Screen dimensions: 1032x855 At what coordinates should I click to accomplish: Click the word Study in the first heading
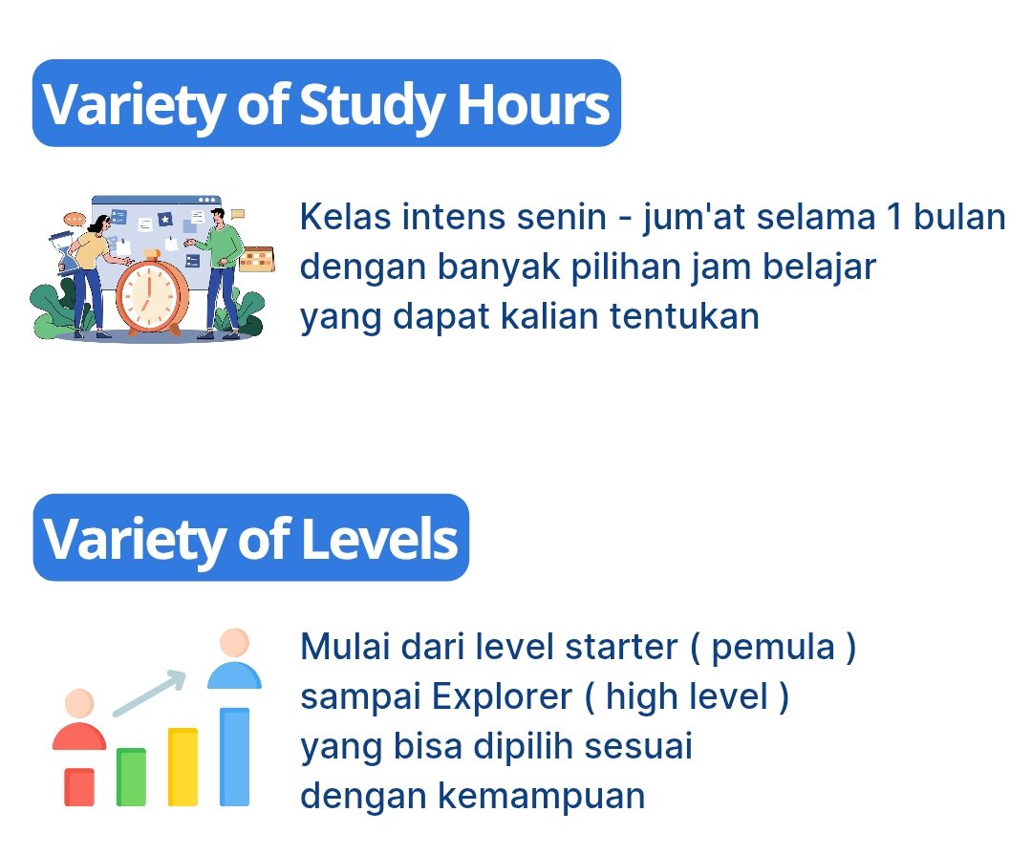(x=371, y=105)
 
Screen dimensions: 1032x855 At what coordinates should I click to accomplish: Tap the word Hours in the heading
(x=533, y=104)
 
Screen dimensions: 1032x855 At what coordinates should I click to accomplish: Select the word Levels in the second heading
(x=379, y=539)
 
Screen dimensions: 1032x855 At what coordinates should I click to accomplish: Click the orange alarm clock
(x=151, y=293)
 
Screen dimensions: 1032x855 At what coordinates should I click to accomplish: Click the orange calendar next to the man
(x=257, y=259)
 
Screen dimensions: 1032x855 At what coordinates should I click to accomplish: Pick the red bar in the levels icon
(x=79, y=786)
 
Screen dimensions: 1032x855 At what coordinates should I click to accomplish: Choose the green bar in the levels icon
(x=131, y=777)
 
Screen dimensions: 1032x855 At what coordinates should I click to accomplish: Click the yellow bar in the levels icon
(x=183, y=767)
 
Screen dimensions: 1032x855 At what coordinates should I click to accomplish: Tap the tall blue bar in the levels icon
(x=234, y=757)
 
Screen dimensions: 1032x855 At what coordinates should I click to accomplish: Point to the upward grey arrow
(x=149, y=693)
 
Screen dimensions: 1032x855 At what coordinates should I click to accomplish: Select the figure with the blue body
(x=234, y=659)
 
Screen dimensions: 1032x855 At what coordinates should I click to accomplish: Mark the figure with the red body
(x=79, y=719)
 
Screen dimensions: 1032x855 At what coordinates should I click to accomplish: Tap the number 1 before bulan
(x=893, y=217)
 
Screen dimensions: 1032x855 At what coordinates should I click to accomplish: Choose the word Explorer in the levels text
(x=503, y=697)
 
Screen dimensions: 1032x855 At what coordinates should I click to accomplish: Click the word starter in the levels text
(x=621, y=647)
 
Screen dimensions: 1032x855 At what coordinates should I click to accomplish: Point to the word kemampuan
(x=541, y=796)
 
